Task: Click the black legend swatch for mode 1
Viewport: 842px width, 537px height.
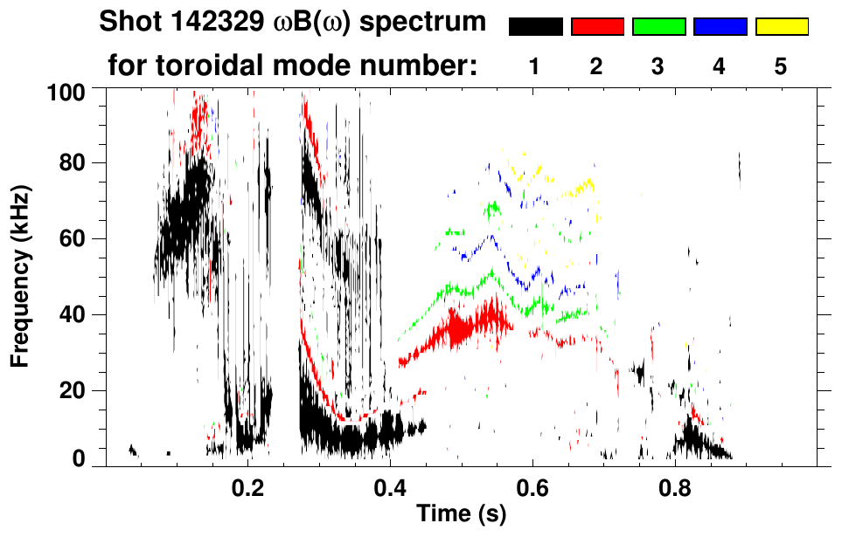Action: click(535, 27)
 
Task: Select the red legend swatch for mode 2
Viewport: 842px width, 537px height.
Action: click(597, 27)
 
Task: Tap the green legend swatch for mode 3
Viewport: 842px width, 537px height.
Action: click(658, 27)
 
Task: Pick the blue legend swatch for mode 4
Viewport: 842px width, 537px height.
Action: click(720, 27)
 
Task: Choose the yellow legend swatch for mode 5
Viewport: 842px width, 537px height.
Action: click(782, 27)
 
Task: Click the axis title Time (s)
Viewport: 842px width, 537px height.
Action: click(460, 515)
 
